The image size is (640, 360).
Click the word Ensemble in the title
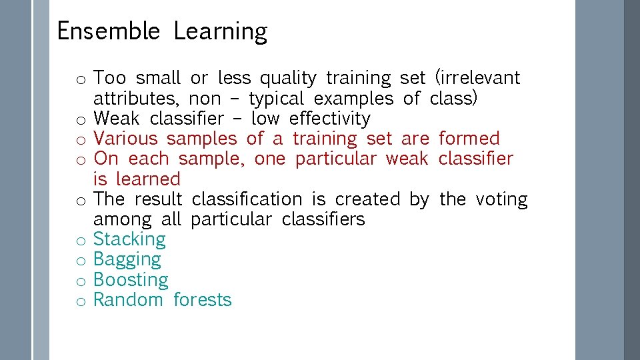[x=108, y=31]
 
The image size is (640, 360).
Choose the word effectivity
[x=329, y=119]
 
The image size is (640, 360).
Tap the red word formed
[x=469, y=139]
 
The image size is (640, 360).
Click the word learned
[x=148, y=179]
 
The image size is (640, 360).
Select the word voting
[x=501, y=199]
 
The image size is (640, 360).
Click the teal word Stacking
[x=129, y=240]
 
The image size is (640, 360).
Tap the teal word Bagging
[x=127, y=260]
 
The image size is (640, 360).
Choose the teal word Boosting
[x=131, y=280]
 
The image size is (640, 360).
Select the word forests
[x=202, y=300]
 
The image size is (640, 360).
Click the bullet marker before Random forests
[x=79, y=301]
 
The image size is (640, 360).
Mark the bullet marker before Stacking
[x=79, y=241]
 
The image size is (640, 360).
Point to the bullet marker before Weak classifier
[x=79, y=120]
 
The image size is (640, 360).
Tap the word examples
[x=353, y=99]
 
